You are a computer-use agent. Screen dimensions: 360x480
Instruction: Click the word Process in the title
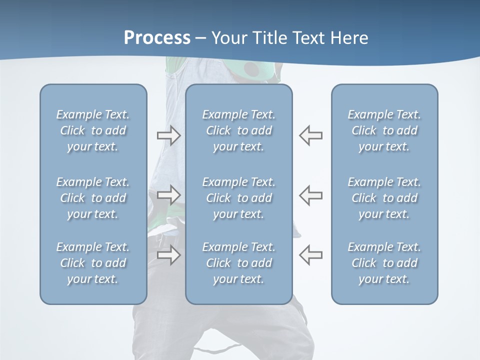click(157, 38)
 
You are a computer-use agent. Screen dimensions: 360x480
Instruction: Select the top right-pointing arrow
click(168, 135)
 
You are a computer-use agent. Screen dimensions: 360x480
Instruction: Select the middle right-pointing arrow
click(168, 195)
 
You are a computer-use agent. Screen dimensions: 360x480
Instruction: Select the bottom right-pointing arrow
click(168, 255)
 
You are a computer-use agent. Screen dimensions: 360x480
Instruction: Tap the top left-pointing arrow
click(311, 135)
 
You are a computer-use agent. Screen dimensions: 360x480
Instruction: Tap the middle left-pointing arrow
click(311, 195)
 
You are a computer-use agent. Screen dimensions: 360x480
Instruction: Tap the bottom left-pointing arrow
click(311, 255)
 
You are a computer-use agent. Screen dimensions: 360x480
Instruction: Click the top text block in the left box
click(93, 130)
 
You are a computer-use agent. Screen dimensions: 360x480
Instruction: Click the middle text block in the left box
click(93, 198)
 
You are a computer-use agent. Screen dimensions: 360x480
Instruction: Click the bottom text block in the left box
click(93, 263)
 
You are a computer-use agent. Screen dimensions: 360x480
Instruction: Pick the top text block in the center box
click(239, 130)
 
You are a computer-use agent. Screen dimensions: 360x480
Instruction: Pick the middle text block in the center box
click(239, 198)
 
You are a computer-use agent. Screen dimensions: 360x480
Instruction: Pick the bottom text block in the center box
click(239, 263)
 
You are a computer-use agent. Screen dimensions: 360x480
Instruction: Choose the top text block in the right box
click(384, 130)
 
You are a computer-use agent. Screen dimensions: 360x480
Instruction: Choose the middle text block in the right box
click(384, 198)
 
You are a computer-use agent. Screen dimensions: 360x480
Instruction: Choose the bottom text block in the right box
click(384, 263)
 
